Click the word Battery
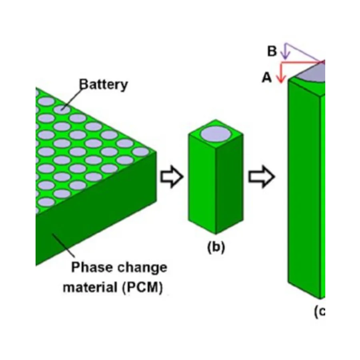(104, 84)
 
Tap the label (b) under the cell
(216, 247)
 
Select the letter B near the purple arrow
(272, 52)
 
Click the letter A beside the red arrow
(267, 78)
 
